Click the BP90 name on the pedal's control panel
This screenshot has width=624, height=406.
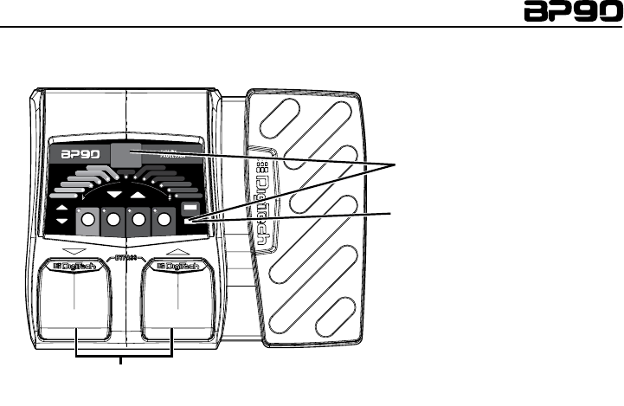(80, 157)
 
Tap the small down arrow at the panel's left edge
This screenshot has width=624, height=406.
(62, 224)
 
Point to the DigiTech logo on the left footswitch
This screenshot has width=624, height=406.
(75, 267)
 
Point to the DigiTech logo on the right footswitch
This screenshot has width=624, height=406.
(177, 267)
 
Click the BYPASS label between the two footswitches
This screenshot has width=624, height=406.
(126, 258)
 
